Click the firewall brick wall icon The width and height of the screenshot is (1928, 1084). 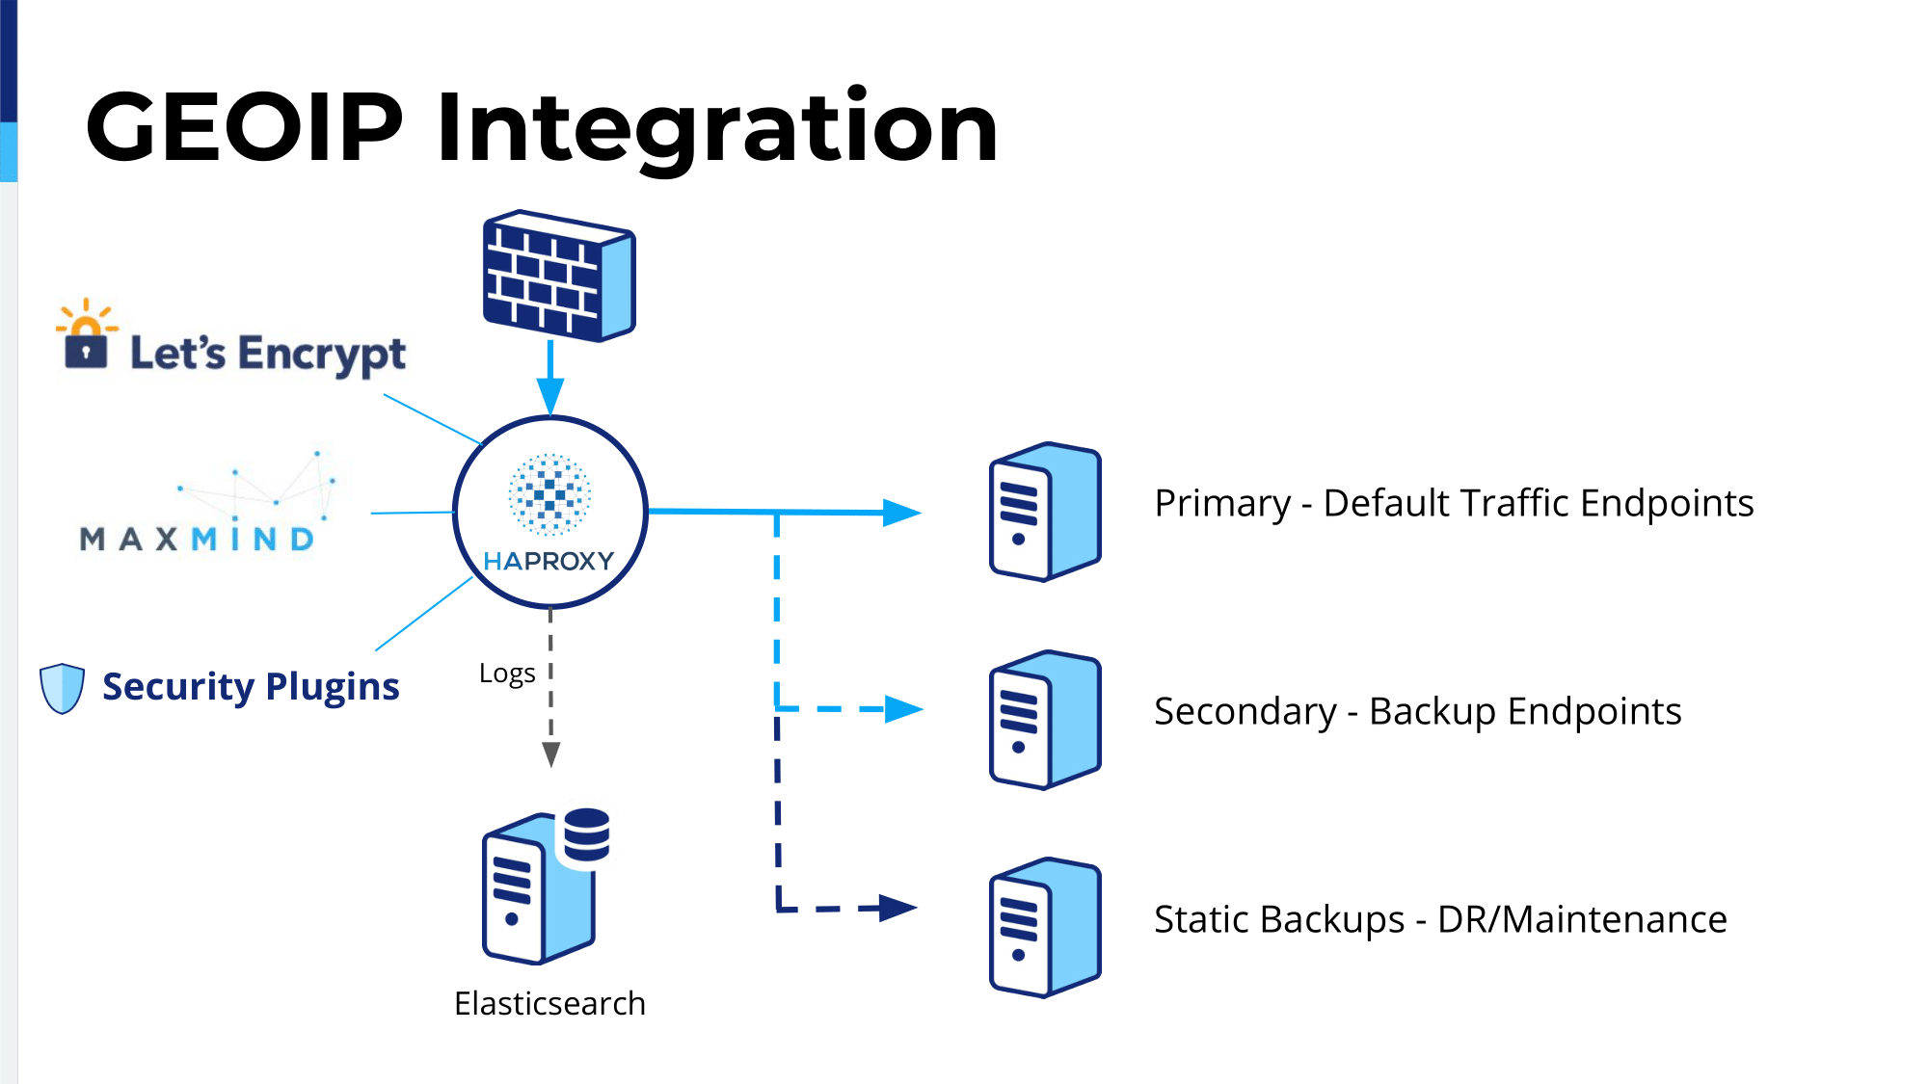[559, 276]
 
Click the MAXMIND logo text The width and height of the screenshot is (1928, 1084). [198, 539]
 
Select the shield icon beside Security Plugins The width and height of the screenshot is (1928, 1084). [63, 688]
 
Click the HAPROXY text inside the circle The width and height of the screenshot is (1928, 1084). [549, 561]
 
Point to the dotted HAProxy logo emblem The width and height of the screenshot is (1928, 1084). [549, 494]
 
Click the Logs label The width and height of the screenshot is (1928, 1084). [507, 674]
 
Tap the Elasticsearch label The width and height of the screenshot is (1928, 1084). [549, 1003]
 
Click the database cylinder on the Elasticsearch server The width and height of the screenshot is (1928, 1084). [587, 834]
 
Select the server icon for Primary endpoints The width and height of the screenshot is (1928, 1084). [1045, 512]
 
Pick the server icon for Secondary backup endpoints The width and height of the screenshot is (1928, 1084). [1045, 720]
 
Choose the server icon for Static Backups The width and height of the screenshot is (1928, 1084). [1045, 927]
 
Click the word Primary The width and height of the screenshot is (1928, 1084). [1222, 504]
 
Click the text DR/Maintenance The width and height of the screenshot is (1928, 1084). [1582, 919]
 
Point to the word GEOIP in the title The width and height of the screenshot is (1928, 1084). [244, 126]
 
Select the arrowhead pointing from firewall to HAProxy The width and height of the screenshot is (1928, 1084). [550, 396]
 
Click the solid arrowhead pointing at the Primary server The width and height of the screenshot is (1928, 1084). [902, 513]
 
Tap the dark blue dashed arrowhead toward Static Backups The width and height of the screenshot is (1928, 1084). [898, 908]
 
